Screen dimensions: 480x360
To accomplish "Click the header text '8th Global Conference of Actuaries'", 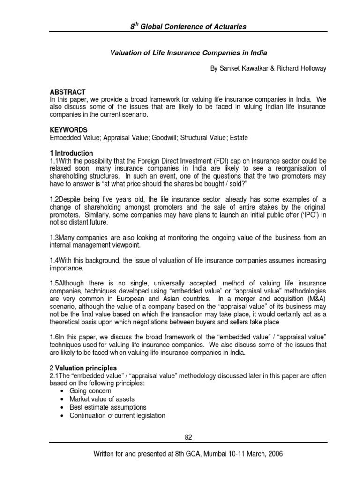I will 188,27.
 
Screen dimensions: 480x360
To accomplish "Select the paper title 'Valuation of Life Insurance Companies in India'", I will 188,53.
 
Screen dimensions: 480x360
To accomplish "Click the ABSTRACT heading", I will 67,92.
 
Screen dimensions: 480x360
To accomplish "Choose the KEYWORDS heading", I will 68,130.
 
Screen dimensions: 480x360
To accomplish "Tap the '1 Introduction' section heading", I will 72,153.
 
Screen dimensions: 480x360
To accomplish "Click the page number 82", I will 188,437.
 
